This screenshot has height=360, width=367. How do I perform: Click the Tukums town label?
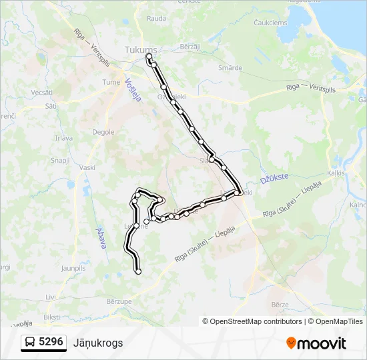click(141, 50)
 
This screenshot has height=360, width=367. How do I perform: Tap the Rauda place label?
click(156, 19)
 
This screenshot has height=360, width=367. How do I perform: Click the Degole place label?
click(103, 132)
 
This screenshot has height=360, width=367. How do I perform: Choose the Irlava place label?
click(64, 137)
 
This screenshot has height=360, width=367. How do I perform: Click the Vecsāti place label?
click(41, 92)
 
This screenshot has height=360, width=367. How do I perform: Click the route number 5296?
click(51, 342)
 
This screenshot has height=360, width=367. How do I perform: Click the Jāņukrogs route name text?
click(98, 343)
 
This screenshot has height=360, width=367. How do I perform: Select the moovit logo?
click(316, 343)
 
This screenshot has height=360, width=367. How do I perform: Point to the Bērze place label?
click(280, 303)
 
